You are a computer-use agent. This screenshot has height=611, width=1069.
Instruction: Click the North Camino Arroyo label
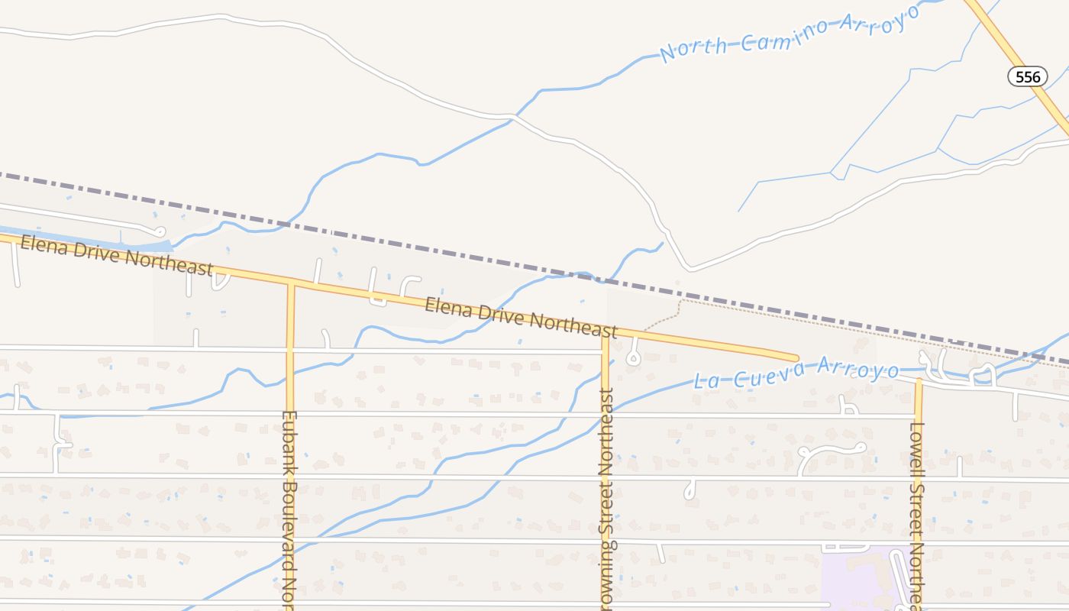click(790, 35)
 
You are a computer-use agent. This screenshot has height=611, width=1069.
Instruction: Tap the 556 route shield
click(1028, 76)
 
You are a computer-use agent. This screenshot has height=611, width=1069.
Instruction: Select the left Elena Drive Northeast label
click(116, 255)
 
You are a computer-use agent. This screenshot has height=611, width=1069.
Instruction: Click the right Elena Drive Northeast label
click(521, 317)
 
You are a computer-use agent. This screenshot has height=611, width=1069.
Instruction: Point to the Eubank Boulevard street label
click(289, 508)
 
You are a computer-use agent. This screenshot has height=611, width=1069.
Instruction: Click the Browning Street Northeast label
click(606, 496)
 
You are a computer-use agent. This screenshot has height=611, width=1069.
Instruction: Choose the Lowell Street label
click(917, 512)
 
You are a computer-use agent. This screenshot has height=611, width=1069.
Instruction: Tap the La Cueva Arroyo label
click(796, 374)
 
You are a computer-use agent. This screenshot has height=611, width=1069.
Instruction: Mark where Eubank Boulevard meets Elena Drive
click(290, 283)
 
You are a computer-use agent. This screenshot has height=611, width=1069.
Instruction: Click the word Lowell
click(917, 447)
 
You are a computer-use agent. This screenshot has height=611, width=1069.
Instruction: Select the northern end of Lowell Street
click(919, 380)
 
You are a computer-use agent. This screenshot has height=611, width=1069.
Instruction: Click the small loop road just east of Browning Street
click(632, 356)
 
